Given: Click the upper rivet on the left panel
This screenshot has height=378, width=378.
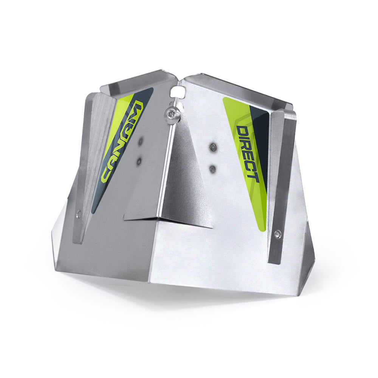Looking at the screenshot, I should pos(141,141).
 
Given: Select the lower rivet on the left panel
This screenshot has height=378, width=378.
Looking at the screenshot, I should pos(139,161).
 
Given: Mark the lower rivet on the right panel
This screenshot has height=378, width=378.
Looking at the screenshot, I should pos(213,167).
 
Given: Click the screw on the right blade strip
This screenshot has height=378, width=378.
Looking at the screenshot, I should pos(277,234).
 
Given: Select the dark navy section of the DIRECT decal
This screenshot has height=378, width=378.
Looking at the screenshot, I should pos(261,132).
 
